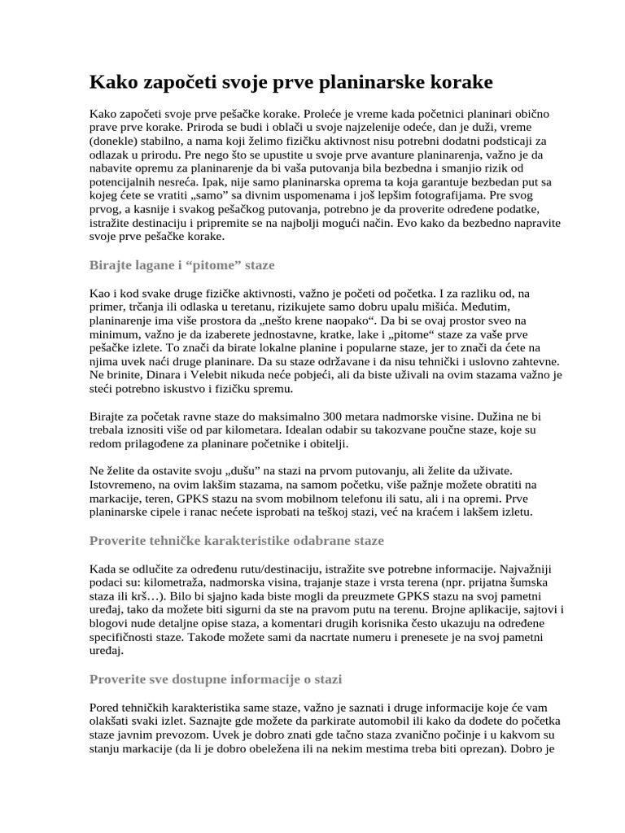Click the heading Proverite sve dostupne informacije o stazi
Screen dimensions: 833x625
coord(215,678)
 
